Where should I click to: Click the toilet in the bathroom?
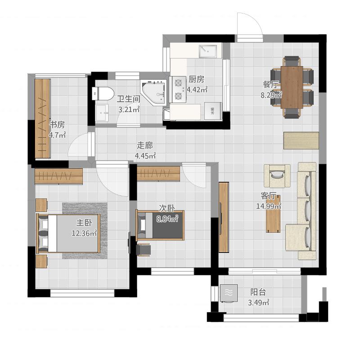pyautogui.click(x=103, y=94)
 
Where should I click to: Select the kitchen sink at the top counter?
pyautogui.click(x=208, y=51)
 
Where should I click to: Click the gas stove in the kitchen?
pyautogui.click(x=178, y=90)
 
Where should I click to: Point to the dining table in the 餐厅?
pyautogui.click(x=292, y=87)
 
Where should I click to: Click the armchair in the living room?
pyautogui.click(x=277, y=175)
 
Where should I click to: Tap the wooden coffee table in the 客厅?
pyautogui.click(x=273, y=214)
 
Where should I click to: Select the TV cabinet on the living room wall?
pyautogui.click(x=224, y=217)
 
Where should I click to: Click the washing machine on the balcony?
pyautogui.click(x=229, y=293)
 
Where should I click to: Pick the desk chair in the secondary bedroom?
pyautogui.click(x=144, y=250)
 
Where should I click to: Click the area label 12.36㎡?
pyautogui.click(x=84, y=233)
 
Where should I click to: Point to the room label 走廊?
pyautogui.click(x=144, y=145)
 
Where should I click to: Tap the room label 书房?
pyautogui.click(x=58, y=125)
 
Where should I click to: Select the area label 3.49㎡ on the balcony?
pyautogui.click(x=258, y=302)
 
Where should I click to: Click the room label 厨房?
pyautogui.click(x=196, y=80)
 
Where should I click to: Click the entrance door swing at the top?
pyautogui.click(x=250, y=25)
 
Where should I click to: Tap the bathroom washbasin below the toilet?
pyautogui.click(x=102, y=112)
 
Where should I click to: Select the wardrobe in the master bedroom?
pyautogui.click(x=59, y=176)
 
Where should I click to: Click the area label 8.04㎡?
pyautogui.click(x=167, y=219)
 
